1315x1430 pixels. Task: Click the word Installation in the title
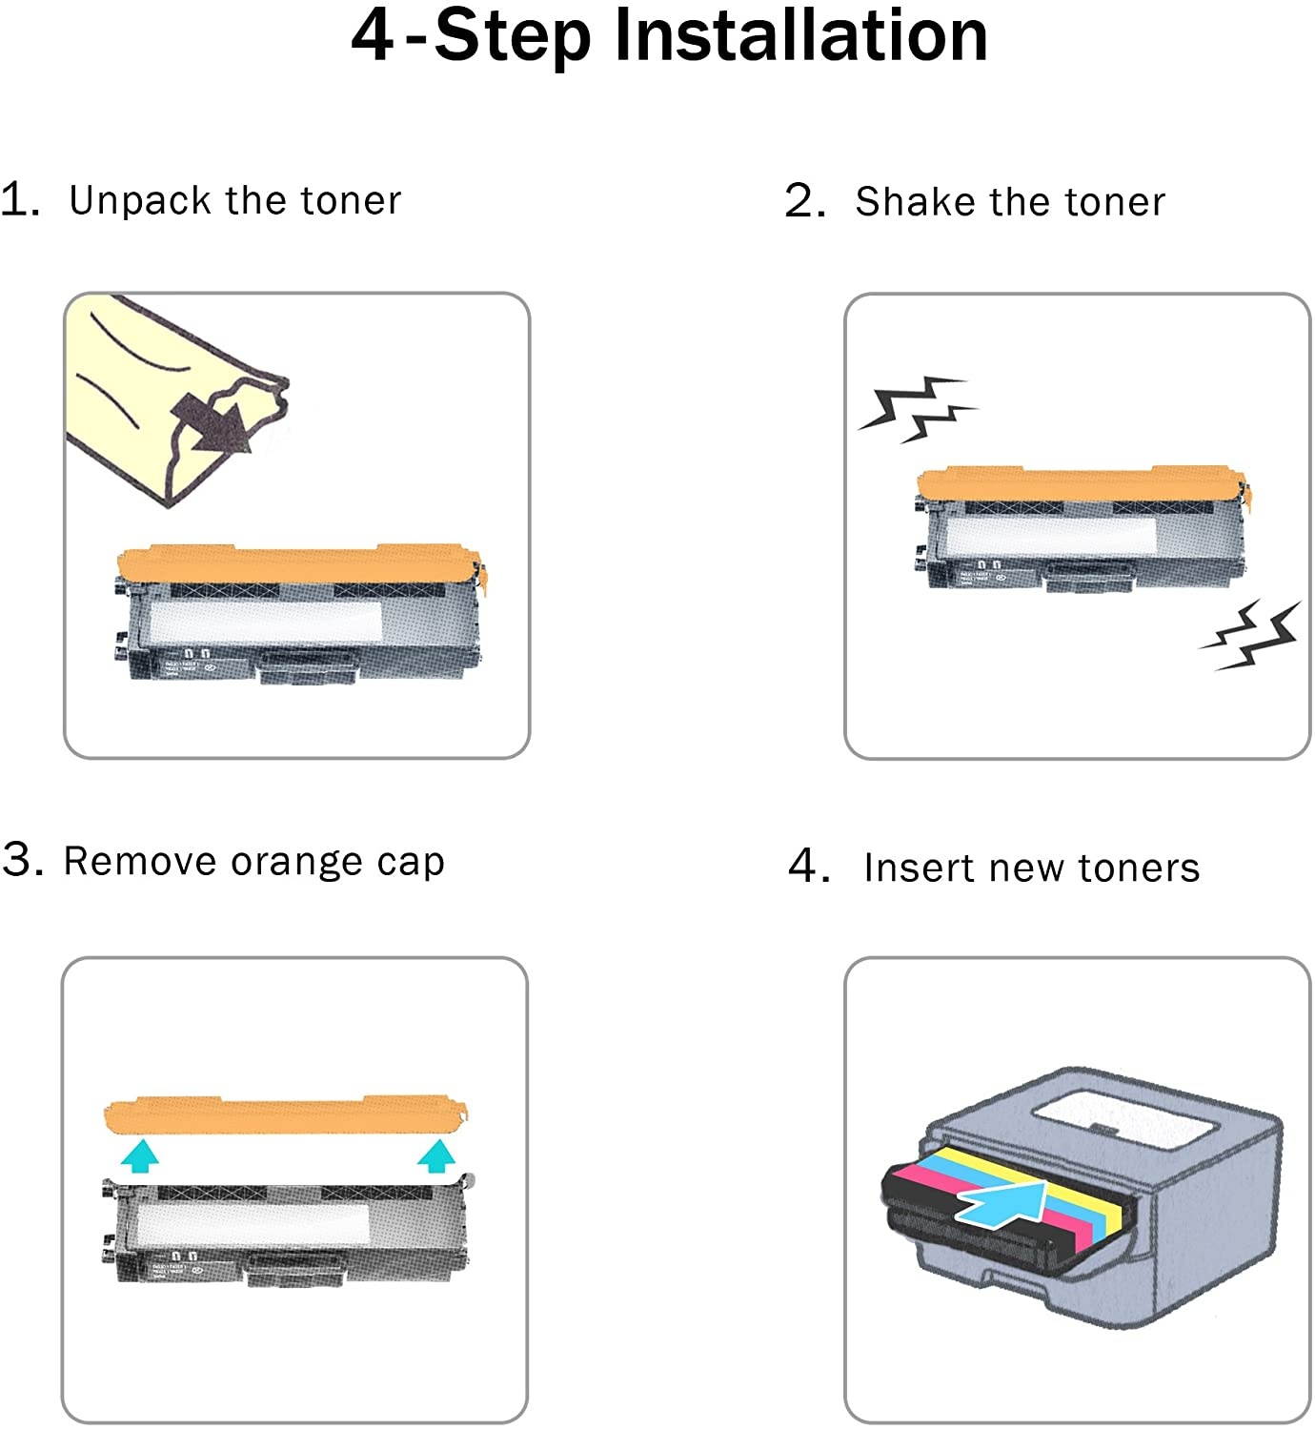(x=800, y=36)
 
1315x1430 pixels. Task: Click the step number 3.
(x=22, y=859)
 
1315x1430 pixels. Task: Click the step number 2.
(x=805, y=201)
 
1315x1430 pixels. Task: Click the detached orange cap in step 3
(x=286, y=1116)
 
